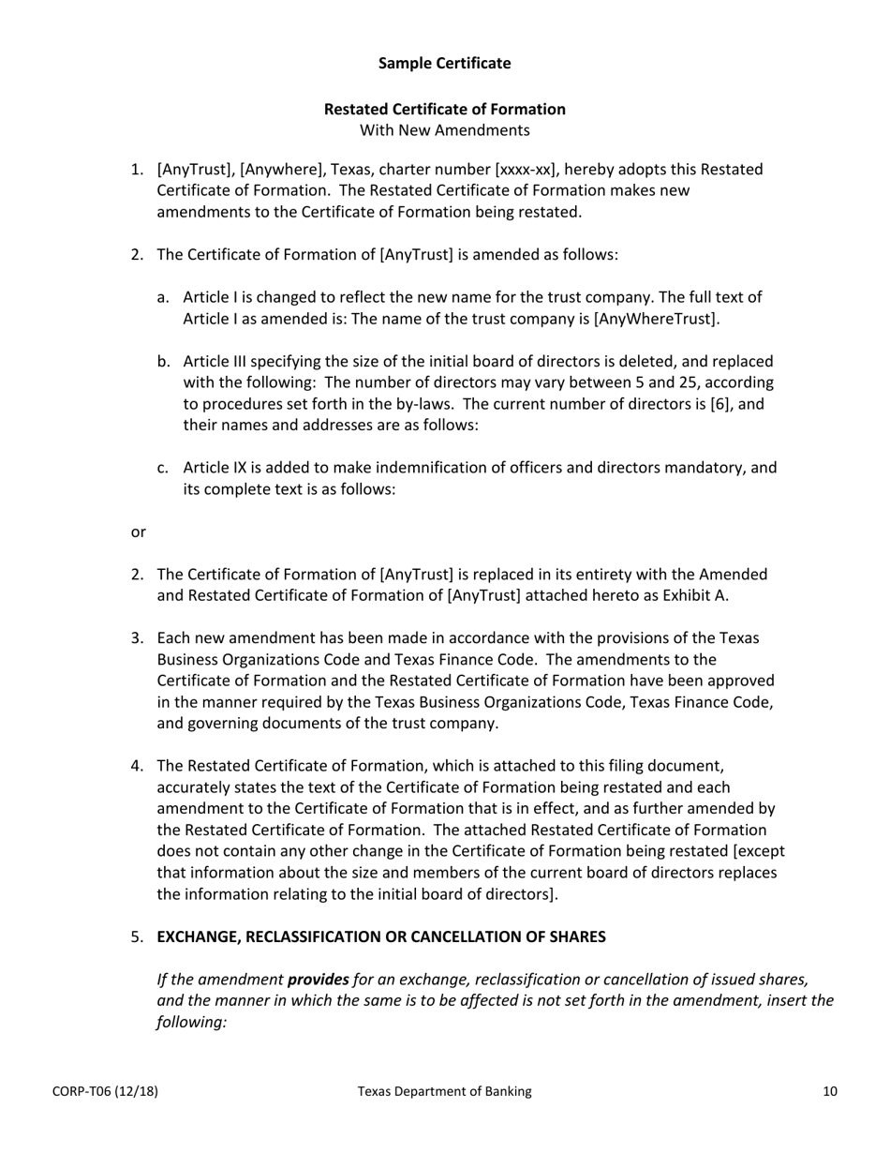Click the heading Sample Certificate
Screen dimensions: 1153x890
(x=444, y=63)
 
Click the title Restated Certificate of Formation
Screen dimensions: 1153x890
(x=444, y=109)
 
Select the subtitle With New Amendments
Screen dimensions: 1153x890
(x=444, y=130)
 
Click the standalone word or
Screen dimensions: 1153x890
(x=138, y=532)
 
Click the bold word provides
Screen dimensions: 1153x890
(x=318, y=979)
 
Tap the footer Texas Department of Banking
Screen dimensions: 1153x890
(x=444, y=1091)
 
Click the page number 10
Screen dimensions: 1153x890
(x=830, y=1091)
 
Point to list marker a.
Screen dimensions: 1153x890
(x=163, y=297)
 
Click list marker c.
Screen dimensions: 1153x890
(x=163, y=468)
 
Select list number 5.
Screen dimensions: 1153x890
(x=137, y=936)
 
